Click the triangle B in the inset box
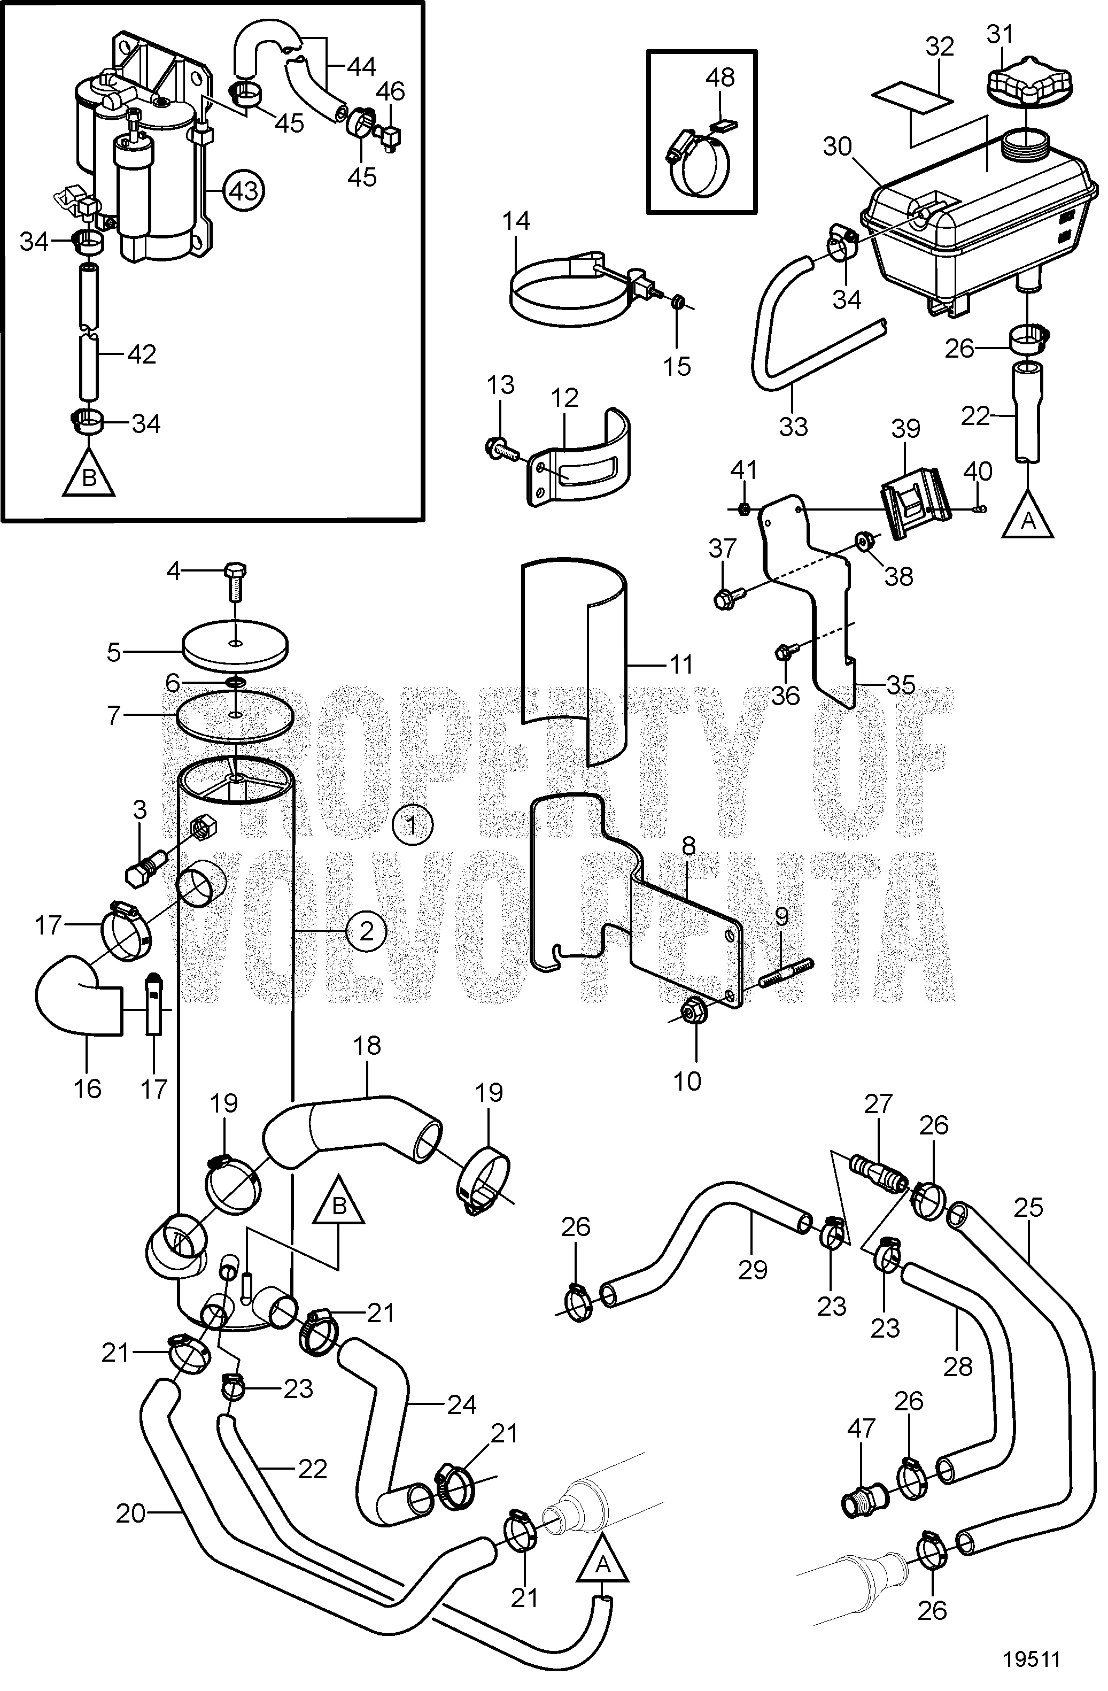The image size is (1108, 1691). point(89,473)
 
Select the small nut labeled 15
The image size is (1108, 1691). point(679,301)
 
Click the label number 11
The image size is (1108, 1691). point(680,665)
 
